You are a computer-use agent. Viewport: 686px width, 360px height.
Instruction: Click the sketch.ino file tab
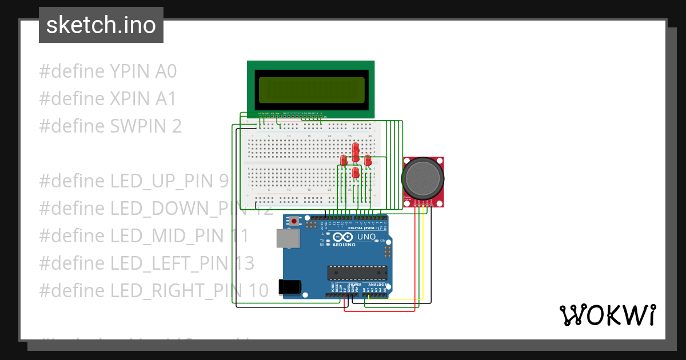point(101,25)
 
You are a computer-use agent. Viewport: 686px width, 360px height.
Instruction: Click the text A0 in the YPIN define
point(166,71)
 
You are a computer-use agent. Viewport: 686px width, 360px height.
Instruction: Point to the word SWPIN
point(136,126)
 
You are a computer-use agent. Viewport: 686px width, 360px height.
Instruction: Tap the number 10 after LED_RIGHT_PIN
point(258,291)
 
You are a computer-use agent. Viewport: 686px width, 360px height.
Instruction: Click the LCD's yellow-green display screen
point(312,90)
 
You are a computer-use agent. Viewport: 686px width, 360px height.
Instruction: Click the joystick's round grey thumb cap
point(423,177)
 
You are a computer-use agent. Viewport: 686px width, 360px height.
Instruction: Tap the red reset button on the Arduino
point(294,221)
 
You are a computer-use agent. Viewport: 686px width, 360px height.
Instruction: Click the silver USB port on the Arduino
point(288,238)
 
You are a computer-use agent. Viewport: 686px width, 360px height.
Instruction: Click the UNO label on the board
point(366,237)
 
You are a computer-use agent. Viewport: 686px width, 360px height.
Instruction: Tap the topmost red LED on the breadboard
point(356,147)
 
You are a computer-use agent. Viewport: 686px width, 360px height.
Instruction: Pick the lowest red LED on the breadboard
point(356,172)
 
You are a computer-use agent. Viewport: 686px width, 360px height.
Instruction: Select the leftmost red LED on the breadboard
point(344,160)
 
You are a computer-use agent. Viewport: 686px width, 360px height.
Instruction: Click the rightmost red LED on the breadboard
point(368,160)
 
